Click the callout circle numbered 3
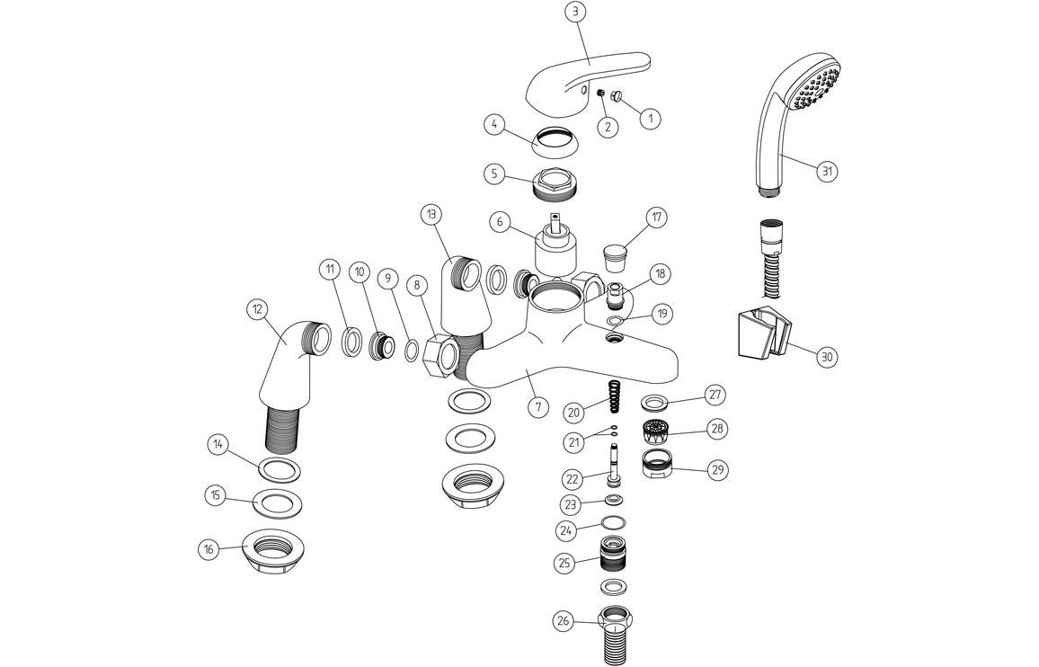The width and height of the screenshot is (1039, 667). tap(576, 12)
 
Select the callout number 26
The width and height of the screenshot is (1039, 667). tap(564, 619)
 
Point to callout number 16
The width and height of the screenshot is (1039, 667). tap(209, 547)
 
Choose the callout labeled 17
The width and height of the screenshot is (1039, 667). tap(657, 217)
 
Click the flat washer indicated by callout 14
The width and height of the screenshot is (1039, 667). tap(280, 468)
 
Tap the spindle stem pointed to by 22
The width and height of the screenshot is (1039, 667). tap(614, 465)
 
